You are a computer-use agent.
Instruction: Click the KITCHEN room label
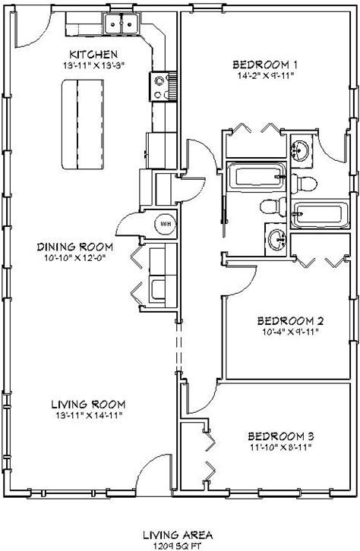pos(93,55)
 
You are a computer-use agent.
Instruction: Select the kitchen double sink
pos(122,24)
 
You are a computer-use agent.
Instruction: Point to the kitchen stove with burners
pos(163,86)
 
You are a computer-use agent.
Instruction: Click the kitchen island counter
pos(83,124)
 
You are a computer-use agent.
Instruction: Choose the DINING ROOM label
pos(75,247)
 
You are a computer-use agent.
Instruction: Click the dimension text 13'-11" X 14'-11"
pos(89,415)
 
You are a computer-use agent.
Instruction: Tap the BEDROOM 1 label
pos(265,65)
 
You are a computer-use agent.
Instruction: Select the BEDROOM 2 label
pos(290,321)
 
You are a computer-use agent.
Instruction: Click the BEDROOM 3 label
pos(281,436)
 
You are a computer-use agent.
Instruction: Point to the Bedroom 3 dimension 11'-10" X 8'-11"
pos(281,447)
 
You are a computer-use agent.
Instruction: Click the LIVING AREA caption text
pos(178,535)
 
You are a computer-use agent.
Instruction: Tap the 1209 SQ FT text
pos(177,546)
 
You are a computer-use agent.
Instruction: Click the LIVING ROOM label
pos(88,405)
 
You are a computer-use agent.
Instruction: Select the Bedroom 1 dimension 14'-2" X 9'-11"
pos(265,76)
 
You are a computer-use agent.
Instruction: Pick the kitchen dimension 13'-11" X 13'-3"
pos(94,65)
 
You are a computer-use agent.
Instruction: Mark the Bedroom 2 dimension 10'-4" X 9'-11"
pos(290,332)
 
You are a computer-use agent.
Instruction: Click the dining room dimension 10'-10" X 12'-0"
pos(75,258)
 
